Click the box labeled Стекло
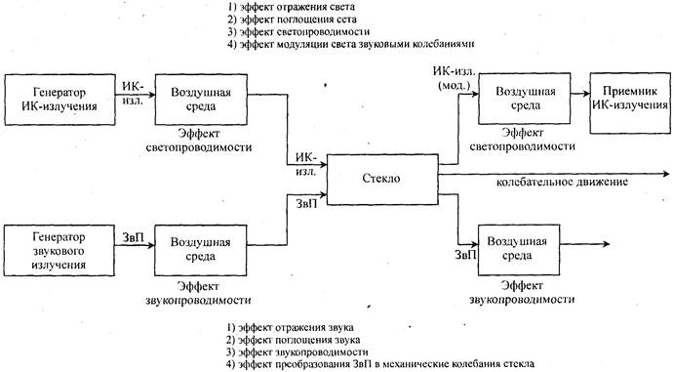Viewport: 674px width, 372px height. click(382, 180)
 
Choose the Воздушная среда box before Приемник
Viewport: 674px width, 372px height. click(526, 98)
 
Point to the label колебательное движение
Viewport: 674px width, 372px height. click(561, 183)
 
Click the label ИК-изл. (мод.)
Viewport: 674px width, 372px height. click(454, 79)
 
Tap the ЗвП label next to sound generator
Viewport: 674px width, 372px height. click(134, 236)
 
